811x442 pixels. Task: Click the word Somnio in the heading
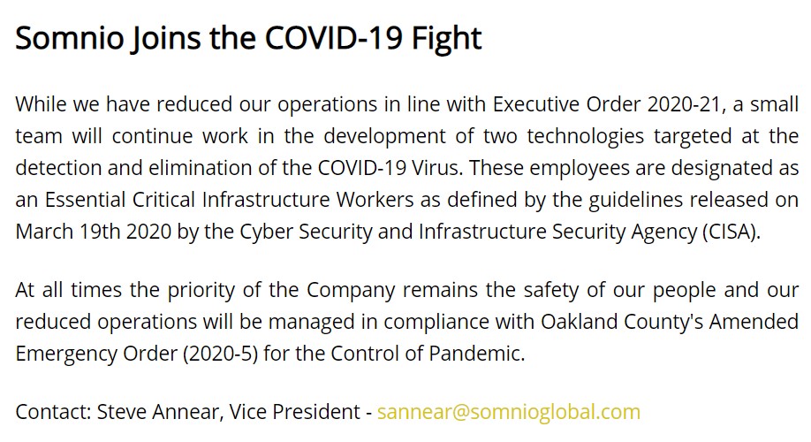point(70,38)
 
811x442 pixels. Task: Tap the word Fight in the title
point(446,38)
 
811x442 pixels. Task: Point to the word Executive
point(536,104)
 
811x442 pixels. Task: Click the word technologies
point(585,137)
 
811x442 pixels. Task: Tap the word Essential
point(86,200)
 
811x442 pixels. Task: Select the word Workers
point(375,200)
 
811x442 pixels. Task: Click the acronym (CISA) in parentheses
point(731,232)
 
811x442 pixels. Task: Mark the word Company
point(351,291)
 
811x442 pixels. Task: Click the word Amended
point(754,322)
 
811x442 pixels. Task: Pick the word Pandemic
point(476,354)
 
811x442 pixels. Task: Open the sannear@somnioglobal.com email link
point(509,412)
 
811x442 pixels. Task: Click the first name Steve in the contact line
point(119,412)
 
